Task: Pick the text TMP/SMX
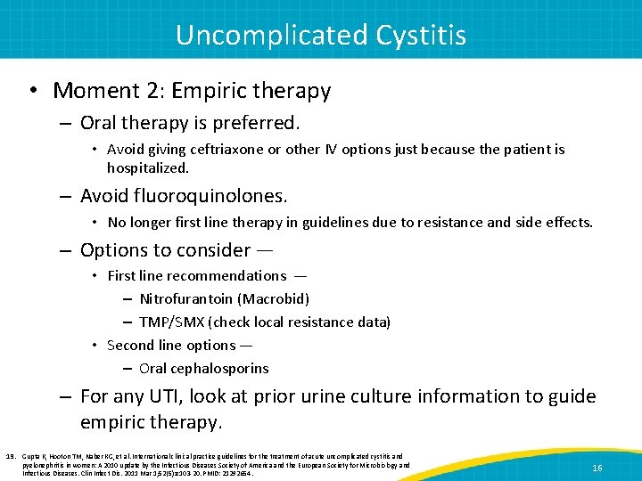pyautogui.click(x=169, y=322)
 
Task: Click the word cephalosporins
pyautogui.click(x=224, y=368)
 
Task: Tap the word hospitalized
pyautogui.click(x=148, y=167)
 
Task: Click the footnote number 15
pyautogui.click(x=12, y=455)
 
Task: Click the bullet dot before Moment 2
pyautogui.click(x=34, y=91)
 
